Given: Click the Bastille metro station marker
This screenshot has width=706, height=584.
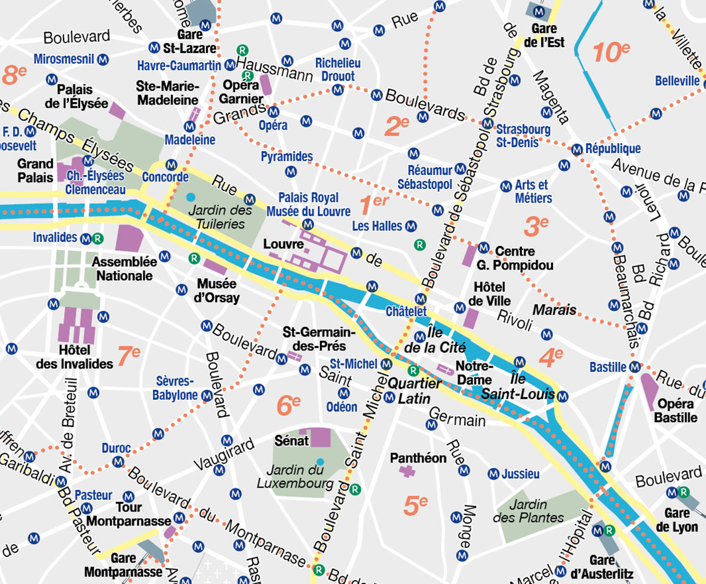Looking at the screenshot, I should [634, 367].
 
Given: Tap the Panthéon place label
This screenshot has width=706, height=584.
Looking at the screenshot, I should [419, 457].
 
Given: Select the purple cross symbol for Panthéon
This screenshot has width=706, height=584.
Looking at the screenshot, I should [407, 470].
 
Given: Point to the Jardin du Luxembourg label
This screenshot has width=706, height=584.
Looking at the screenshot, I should [296, 477].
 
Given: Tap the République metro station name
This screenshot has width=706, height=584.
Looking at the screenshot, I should [613, 148].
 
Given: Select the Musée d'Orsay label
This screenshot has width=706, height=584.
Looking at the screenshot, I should [218, 291].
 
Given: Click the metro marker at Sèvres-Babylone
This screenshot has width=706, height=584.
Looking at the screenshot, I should [207, 396].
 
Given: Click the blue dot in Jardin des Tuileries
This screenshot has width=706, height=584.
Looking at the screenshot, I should [190, 196].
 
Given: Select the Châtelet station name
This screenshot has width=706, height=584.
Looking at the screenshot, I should [406, 311].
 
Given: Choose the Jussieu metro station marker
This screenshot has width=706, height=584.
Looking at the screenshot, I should [494, 474].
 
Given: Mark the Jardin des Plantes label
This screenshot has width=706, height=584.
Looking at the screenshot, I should [528, 511].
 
